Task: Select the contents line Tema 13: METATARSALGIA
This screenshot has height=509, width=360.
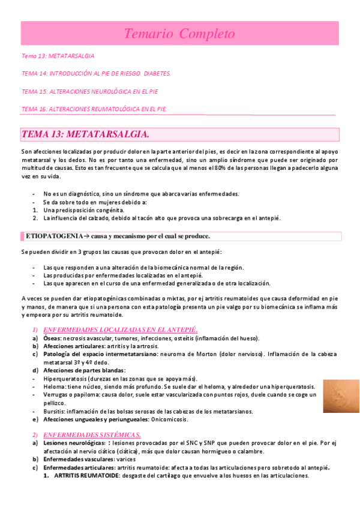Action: (58, 56)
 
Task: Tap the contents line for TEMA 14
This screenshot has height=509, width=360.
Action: (96, 73)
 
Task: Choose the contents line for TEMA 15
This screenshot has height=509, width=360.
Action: (89, 91)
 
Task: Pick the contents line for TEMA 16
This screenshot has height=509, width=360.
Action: (94, 109)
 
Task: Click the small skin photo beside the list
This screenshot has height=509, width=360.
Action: (340, 396)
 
